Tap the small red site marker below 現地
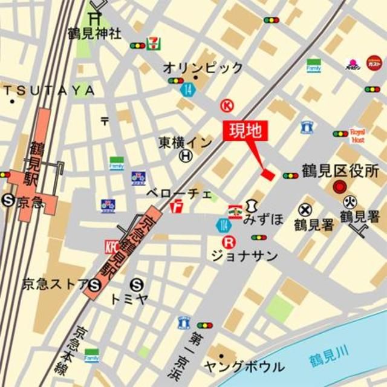(267, 175)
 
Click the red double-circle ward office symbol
(340, 187)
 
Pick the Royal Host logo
(357, 135)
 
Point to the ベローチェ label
(179, 194)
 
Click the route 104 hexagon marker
(223, 226)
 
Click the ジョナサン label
(244, 256)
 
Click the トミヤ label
(129, 298)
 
